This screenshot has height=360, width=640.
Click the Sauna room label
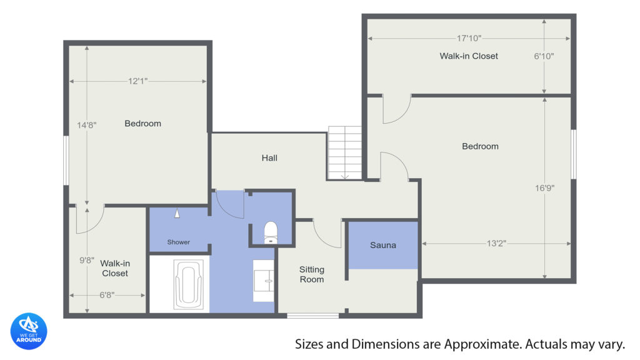point(383,245)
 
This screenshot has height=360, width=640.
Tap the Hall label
point(269,158)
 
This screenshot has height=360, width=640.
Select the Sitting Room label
point(312,274)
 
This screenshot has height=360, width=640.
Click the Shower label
point(178,242)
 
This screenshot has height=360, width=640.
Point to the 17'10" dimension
point(469,38)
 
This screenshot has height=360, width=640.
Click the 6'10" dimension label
point(544,56)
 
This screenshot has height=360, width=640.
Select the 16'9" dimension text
point(545,188)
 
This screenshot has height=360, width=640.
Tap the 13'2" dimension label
point(496,244)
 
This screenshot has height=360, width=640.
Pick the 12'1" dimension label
point(138,81)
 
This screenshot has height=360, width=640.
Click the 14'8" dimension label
point(87,125)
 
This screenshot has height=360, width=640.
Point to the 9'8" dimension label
point(87,260)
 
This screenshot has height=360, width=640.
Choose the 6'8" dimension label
point(107,295)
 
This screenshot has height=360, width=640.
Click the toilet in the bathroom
point(271,232)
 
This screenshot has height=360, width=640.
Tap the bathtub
point(189,284)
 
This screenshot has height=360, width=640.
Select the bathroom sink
point(263,281)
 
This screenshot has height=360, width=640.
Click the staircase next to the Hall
point(344,153)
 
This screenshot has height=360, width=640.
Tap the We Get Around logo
point(29,331)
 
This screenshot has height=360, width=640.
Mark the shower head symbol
point(177,213)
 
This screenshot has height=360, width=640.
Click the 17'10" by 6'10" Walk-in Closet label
point(469,56)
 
